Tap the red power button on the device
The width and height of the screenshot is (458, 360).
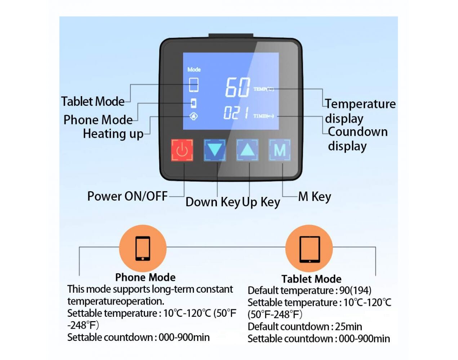(182, 150)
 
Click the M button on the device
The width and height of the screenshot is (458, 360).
(279, 150)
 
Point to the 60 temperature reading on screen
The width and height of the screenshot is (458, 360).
(237, 87)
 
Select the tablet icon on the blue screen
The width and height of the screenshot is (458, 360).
(194, 85)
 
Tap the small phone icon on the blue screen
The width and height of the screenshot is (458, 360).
(194, 103)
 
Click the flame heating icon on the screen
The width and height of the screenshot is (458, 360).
(194, 116)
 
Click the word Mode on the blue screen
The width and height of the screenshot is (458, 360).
(194, 69)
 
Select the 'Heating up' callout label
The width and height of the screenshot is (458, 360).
(113, 134)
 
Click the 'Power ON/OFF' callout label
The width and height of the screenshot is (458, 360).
(128, 196)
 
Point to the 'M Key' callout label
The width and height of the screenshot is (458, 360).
(315, 197)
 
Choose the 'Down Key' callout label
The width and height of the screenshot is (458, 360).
(213, 202)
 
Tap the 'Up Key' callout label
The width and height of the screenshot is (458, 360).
(261, 202)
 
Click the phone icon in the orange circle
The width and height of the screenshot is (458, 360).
(143, 248)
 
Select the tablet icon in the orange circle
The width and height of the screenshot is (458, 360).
(310, 249)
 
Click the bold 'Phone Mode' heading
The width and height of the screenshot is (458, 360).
(145, 277)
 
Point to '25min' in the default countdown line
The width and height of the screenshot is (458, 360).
(348, 327)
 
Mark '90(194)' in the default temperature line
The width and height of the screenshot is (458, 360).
(355, 291)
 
